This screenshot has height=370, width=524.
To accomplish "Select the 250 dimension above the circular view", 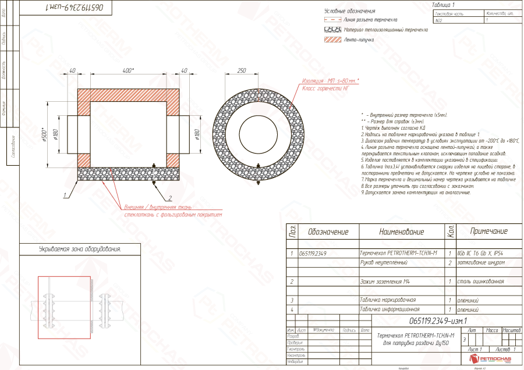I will (x=241, y=70).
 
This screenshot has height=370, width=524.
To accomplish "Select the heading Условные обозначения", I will (x=349, y=11).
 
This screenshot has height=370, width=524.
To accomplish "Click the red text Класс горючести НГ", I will (x=325, y=88).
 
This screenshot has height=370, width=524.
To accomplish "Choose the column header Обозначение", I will (x=328, y=232).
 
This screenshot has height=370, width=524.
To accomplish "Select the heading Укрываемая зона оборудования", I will (x=72, y=249).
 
